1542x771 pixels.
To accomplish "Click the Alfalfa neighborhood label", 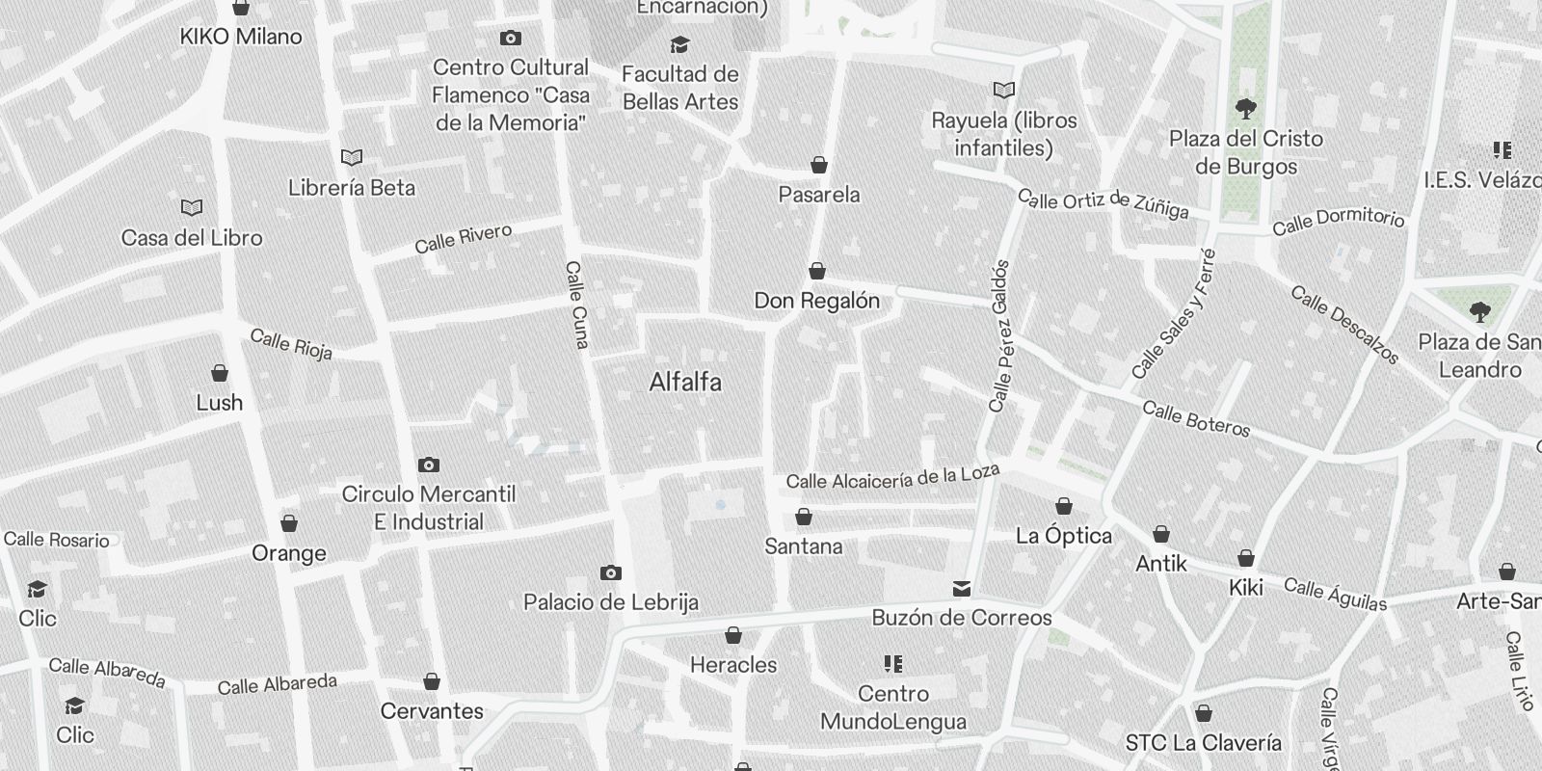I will pyautogui.click(x=685, y=383).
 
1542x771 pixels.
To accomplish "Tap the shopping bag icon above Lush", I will pyautogui.click(x=220, y=373).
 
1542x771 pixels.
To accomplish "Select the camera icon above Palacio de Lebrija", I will pyautogui.click(x=610, y=573).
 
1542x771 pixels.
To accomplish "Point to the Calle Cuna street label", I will pyautogui.click(x=577, y=305).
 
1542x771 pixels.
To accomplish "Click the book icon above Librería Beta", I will pyautogui.click(x=352, y=157).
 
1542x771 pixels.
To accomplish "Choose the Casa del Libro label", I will pyautogui.click(x=192, y=238).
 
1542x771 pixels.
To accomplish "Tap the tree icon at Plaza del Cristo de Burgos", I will pyautogui.click(x=1246, y=108).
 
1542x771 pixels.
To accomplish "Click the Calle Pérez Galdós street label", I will pyautogui.click(x=999, y=335).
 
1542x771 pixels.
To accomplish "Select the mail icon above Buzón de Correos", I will pyautogui.click(x=961, y=588).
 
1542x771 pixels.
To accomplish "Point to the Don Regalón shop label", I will pyautogui.click(x=817, y=301).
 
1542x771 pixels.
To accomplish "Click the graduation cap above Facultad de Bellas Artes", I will pyautogui.click(x=679, y=45).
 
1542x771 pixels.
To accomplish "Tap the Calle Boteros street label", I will pyautogui.click(x=1196, y=419).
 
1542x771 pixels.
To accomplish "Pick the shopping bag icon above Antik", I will pyautogui.click(x=1161, y=534).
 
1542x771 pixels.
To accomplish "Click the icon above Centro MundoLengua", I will pyautogui.click(x=892, y=664).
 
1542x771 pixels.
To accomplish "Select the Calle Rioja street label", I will pyautogui.click(x=291, y=344).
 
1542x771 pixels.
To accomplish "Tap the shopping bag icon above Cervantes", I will pyautogui.click(x=432, y=681).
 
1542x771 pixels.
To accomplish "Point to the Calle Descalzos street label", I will pyautogui.click(x=1344, y=325).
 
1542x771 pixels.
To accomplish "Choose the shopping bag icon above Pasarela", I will pyautogui.click(x=819, y=165).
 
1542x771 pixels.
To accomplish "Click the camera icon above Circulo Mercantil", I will pyautogui.click(x=429, y=465).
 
